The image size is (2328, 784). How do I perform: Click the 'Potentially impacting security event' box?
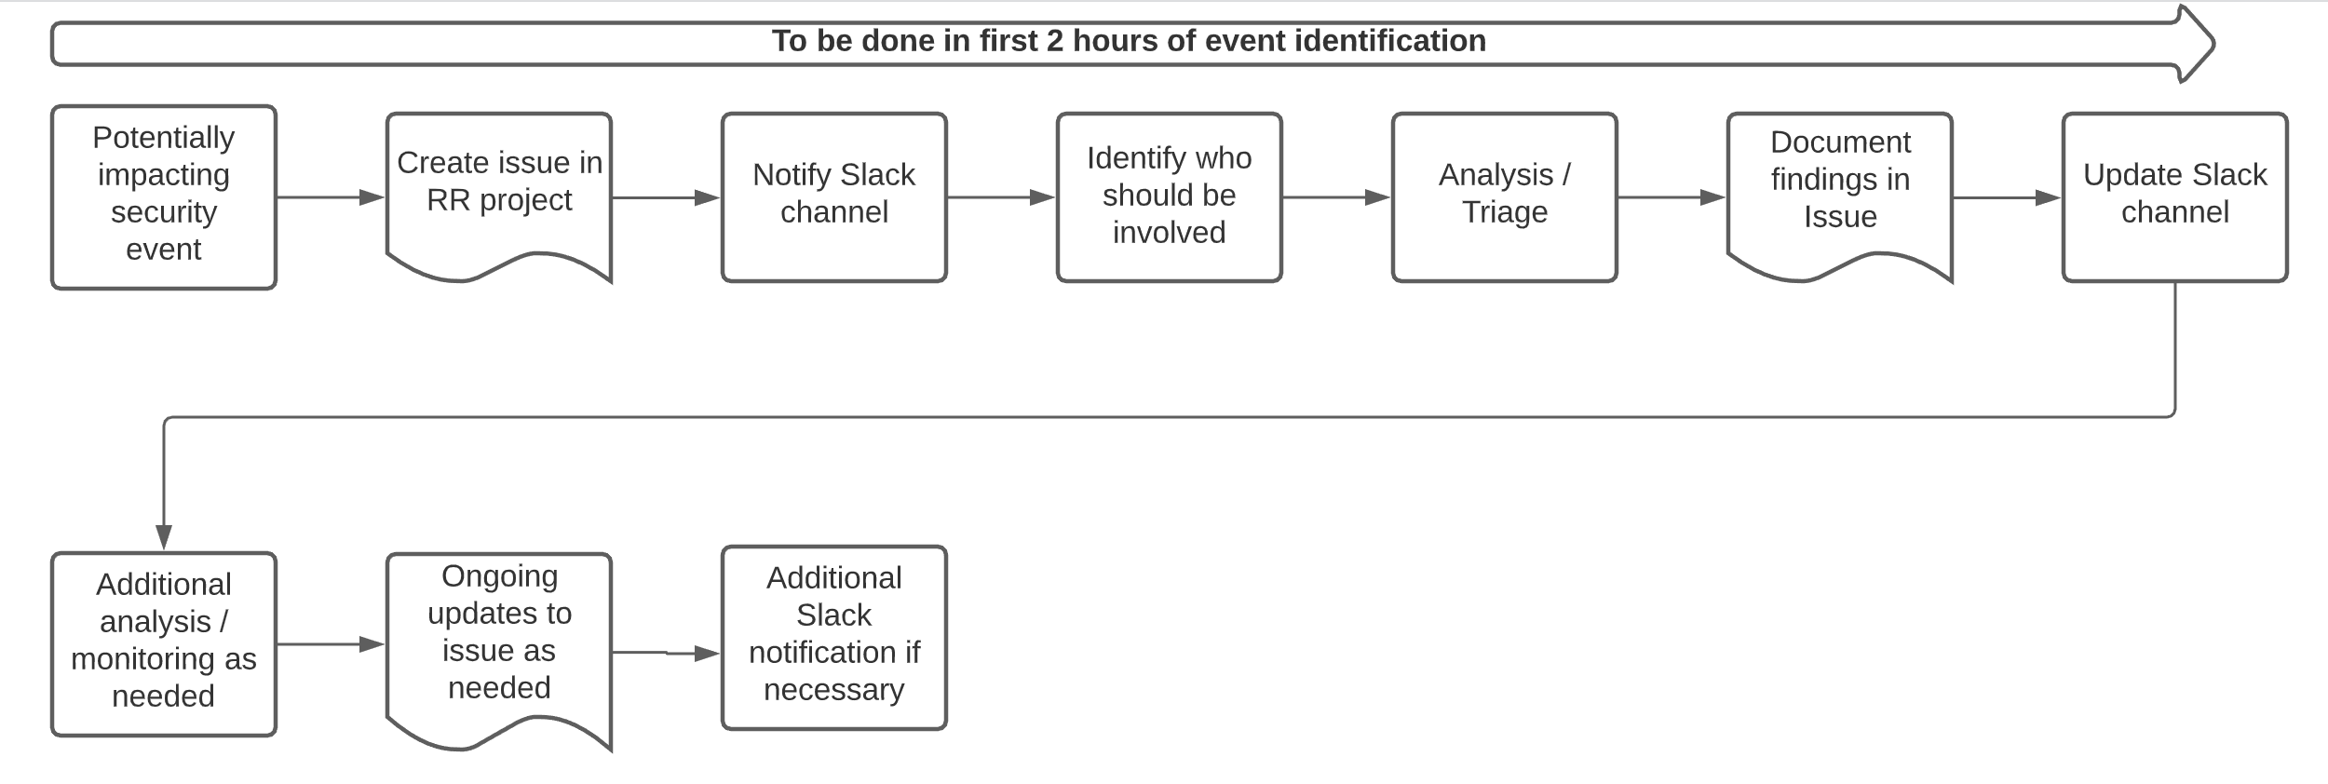pyautogui.click(x=163, y=196)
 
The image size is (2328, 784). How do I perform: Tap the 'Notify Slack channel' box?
pyautogui.click(x=833, y=196)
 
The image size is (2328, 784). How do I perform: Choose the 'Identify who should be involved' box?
pyautogui.click(x=1169, y=196)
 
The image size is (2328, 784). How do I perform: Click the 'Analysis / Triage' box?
pyautogui.click(x=1504, y=196)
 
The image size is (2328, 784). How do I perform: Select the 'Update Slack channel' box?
pyautogui.click(x=2174, y=196)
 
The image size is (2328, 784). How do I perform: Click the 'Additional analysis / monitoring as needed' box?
pyautogui.click(x=163, y=643)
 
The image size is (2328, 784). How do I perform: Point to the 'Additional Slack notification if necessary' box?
pyautogui.click(x=833, y=637)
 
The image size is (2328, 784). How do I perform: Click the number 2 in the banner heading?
pyautogui.click(x=1055, y=41)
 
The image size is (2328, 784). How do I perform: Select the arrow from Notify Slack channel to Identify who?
pyautogui.click(x=1001, y=197)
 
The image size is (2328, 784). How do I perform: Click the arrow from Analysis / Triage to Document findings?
pyautogui.click(x=1672, y=197)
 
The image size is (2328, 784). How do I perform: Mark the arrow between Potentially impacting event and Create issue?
pyautogui.click(x=331, y=197)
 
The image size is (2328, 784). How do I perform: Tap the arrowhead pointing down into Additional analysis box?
pyautogui.click(x=164, y=538)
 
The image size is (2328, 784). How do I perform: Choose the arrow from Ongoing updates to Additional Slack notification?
pyautogui.click(x=666, y=653)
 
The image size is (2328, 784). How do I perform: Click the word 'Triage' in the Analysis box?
pyautogui.click(x=1504, y=212)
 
